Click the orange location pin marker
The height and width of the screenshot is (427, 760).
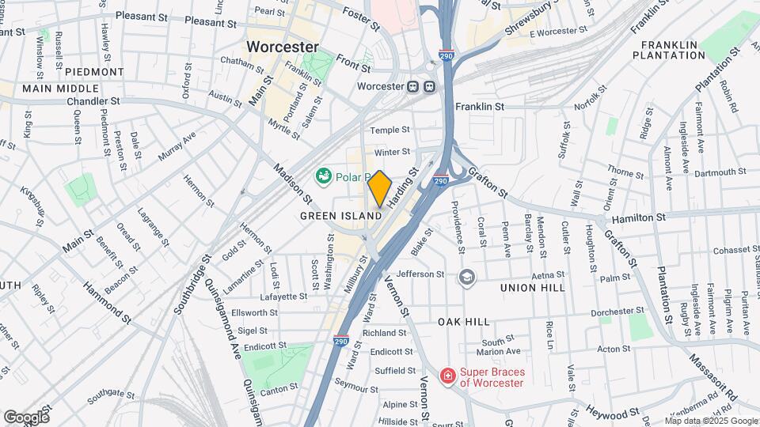(379, 188)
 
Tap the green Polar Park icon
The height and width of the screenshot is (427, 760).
(324, 176)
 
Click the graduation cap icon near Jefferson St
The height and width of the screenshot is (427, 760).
(467, 276)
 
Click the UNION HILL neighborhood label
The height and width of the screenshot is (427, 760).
(533, 288)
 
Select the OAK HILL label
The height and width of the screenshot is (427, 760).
(464, 322)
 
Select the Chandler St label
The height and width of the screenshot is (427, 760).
(93, 101)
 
